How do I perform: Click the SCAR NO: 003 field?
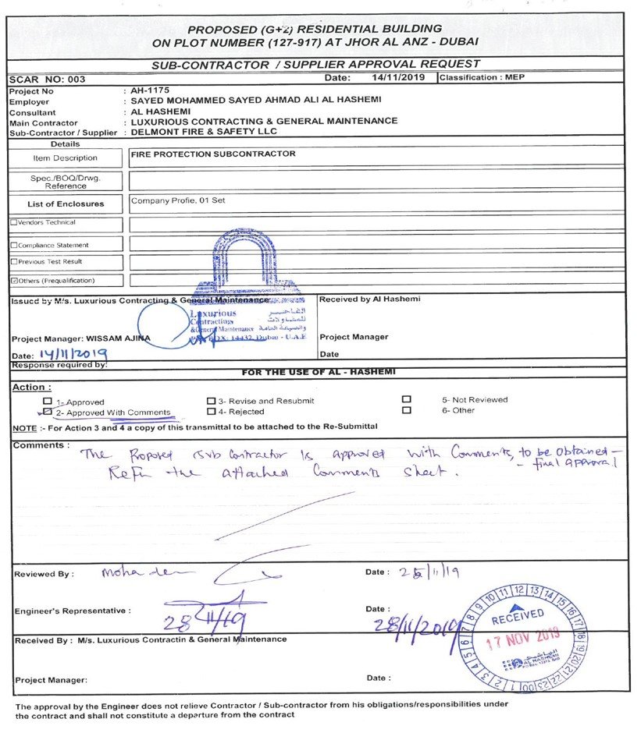(x=47, y=80)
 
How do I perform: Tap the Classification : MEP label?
(x=483, y=78)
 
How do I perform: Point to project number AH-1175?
(x=149, y=91)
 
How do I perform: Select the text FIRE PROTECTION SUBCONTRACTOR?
(x=213, y=154)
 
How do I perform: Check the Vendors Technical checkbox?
(x=12, y=223)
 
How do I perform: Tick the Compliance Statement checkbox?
(x=12, y=246)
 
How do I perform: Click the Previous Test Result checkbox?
(x=12, y=262)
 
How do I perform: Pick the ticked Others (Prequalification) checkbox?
(x=12, y=281)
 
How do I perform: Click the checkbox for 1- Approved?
(x=48, y=402)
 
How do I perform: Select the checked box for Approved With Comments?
(x=48, y=412)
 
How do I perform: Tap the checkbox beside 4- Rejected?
(x=211, y=411)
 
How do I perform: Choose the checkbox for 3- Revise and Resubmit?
(x=211, y=401)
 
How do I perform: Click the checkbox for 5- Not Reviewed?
(x=406, y=400)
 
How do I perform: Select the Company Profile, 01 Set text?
(x=178, y=200)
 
